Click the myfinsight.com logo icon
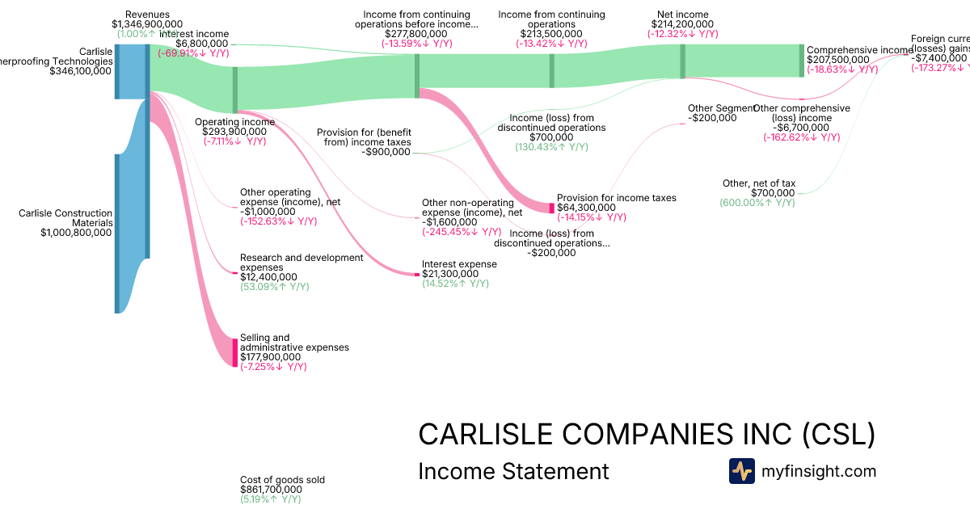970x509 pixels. point(741,471)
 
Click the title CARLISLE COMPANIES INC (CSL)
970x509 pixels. point(646,434)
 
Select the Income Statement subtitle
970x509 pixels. point(513,471)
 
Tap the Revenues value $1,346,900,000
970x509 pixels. point(147,24)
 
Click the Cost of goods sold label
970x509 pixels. point(282,480)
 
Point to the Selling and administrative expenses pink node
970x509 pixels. point(235,352)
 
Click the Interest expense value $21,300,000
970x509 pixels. point(450,274)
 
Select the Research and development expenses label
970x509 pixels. point(302,263)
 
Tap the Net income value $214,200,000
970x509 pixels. point(682,24)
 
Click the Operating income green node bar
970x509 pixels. point(235,90)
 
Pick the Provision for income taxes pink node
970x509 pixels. point(552,208)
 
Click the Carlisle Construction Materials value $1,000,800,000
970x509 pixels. point(76,233)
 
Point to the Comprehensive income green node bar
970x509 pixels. point(802,61)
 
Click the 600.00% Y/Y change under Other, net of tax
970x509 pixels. point(757,203)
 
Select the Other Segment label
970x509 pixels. point(722,108)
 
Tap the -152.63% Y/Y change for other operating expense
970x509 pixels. point(278,221)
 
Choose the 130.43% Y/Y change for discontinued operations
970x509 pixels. point(551,147)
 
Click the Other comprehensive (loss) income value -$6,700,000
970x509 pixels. point(801,128)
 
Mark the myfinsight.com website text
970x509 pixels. point(819,471)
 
